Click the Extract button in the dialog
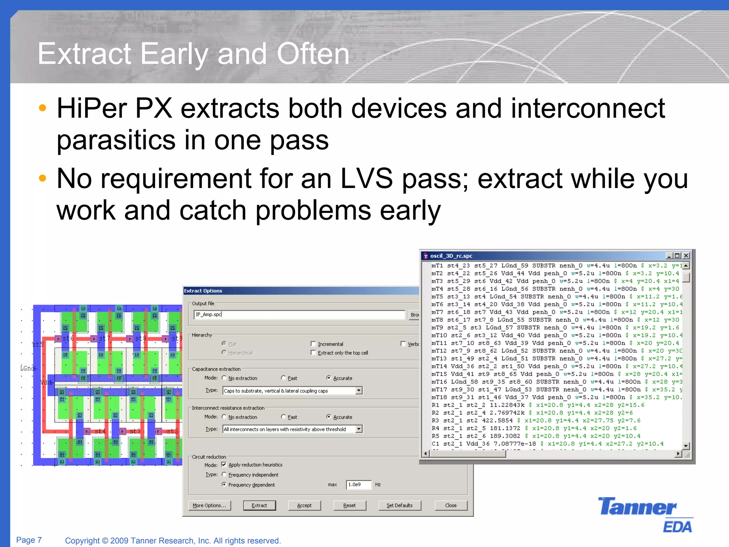tap(259, 505)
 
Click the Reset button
tap(349, 505)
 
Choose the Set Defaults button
tap(399, 505)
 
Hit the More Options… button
tap(209, 505)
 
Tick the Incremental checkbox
tap(313, 344)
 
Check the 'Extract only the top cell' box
tap(313, 353)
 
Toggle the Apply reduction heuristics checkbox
tap(224, 464)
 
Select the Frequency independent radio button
tap(224, 474)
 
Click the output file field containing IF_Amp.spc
tap(299, 314)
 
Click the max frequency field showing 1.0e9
tap(358, 485)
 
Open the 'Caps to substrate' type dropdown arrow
tap(359, 391)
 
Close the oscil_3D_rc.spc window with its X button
tap(686, 256)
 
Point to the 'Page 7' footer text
tap(29, 540)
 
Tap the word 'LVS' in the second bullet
tap(366, 178)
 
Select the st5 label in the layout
tap(38, 344)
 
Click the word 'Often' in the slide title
tap(313, 54)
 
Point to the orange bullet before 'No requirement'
tap(42, 178)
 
